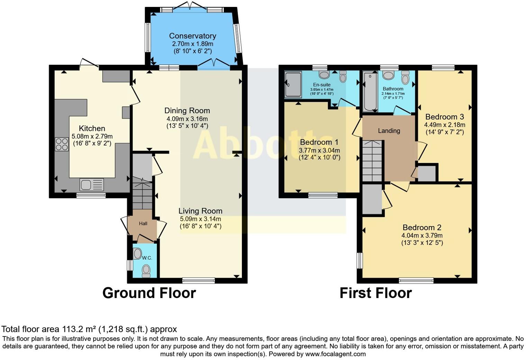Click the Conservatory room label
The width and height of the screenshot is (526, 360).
click(x=192, y=36)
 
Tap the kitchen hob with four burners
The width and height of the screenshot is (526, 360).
click(x=62, y=144)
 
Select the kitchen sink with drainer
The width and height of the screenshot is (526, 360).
click(x=92, y=184)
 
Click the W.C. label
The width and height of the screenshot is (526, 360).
click(x=147, y=258)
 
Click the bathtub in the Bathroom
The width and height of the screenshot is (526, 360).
click(x=370, y=92)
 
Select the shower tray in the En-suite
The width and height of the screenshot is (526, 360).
click(x=293, y=84)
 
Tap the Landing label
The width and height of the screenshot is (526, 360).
click(x=389, y=130)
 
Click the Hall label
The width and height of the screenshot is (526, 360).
click(x=143, y=223)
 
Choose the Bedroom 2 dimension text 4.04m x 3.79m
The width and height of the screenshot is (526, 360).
click(x=422, y=235)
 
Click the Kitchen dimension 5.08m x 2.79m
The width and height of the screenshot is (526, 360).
click(x=92, y=136)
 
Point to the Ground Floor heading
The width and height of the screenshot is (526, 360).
click(x=149, y=293)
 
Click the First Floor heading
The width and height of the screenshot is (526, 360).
click(x=376, y=293)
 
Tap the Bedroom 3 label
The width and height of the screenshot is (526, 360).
click(x=445, y=117)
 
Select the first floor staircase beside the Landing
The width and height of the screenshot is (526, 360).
click(x=372, y=161)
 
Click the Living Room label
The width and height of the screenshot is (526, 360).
click(x=200, y=211)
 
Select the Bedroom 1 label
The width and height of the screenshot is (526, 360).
click(x=319, y=142)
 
